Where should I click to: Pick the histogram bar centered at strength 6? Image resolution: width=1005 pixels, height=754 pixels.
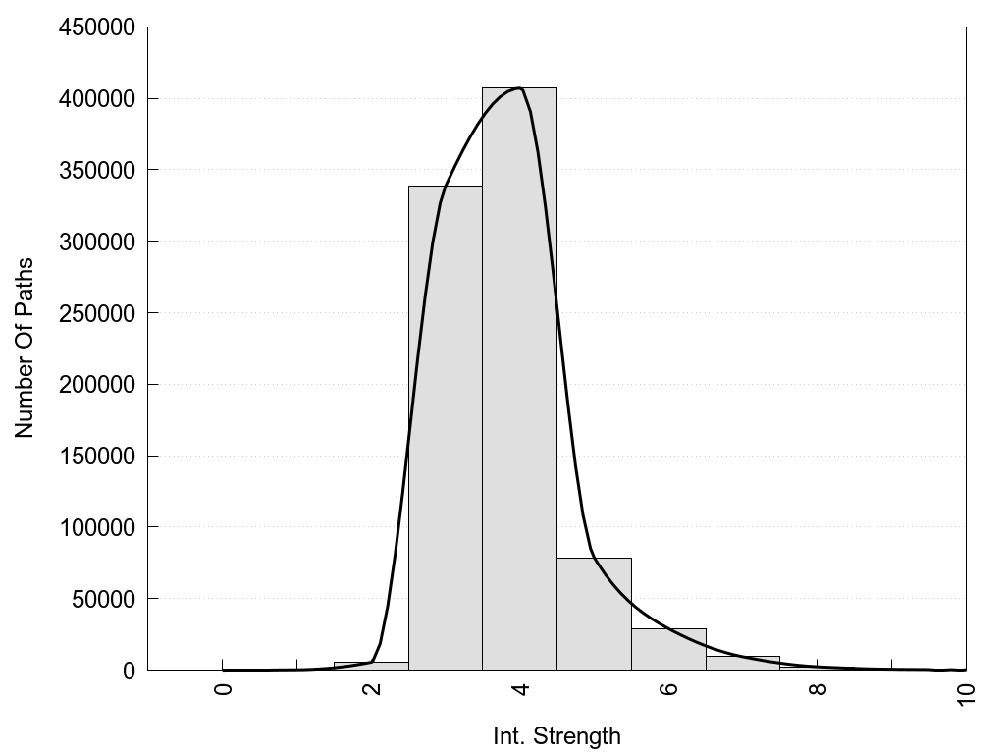tap(668, 649)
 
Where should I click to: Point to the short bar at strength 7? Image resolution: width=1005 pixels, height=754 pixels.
tap(743, 663)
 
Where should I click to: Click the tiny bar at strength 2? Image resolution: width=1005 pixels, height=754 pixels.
tap(371, 666)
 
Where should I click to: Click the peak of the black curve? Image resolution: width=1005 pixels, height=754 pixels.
tap(518, 88)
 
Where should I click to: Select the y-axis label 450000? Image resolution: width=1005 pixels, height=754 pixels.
tap(96, 27)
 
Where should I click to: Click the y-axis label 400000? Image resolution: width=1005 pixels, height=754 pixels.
tap(96, 99)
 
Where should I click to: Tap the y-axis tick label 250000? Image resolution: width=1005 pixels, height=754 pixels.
tap(96, 313)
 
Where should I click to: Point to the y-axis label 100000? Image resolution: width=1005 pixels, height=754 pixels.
tap(96, 527)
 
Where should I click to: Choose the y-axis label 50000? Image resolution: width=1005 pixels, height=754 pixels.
tap(102, 599)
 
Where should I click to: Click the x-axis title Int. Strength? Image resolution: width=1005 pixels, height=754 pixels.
tap(556, 735)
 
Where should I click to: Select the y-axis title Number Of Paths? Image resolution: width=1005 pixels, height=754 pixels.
tap(25, 348)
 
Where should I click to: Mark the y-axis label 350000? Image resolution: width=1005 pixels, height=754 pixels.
tap(96, 171)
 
